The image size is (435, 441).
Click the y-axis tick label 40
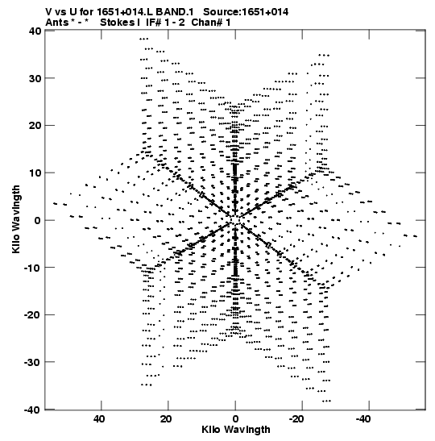click(35, 31)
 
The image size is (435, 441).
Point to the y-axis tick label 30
click(35, 78)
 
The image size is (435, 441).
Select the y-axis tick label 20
click(35, 126)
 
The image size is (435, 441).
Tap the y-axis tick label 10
click(35, 173)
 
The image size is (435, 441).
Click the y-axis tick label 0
click(38, 220)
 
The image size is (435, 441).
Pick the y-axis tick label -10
click(33, 268)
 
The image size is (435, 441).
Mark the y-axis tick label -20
click(33, 315)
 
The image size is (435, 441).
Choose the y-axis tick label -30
click(33, 362)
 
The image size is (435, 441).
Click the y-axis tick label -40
click(33, 410)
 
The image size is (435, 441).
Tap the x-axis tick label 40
click(99, 419)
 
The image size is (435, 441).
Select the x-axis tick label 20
click(166, 419)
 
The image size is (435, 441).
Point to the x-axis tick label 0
click(235, 419)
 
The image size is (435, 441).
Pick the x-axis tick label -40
click(364, 419)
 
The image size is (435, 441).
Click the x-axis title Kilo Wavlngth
click(236, 430)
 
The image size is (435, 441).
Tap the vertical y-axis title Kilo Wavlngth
click(16, 219)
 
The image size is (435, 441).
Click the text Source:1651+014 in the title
click(246, 12)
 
